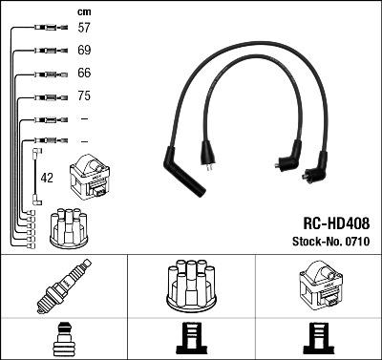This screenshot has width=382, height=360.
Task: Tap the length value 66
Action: [x=84, y=74]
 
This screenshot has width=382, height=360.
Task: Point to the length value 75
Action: [x=84, y=96]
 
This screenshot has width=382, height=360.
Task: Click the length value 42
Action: [x=48, y=178]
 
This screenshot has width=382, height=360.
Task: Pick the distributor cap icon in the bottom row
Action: [x=190, y=286]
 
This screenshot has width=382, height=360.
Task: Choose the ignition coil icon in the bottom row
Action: [x=319, y=286]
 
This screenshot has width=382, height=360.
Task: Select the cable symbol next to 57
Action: [x=47, y=30]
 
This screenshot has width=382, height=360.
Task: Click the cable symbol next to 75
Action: [x=47, y=96]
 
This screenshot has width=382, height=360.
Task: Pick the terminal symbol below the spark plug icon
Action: [x=63, y=339]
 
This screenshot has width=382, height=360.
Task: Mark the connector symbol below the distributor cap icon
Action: [x=190, y=339]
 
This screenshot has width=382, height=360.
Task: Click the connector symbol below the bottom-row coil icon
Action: [x=319, y=339]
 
